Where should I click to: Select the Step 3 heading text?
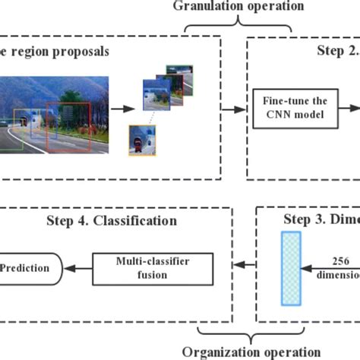pyautogui.click(x=322, y=221)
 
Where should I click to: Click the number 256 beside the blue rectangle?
pyautogui.click(x=340, y=259)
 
